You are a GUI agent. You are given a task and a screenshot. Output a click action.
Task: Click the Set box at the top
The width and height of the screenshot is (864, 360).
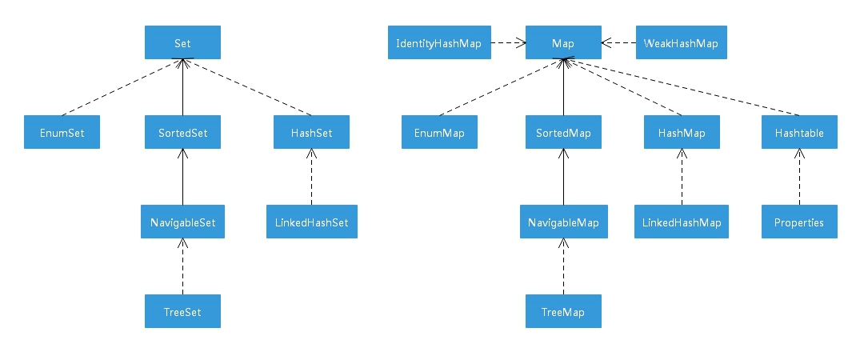182,42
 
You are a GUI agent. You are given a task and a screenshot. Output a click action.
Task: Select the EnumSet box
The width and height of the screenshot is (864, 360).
61,133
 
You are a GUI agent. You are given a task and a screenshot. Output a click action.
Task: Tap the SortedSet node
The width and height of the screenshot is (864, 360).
182,133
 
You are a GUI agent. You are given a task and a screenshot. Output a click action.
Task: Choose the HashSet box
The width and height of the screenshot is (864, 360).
310,133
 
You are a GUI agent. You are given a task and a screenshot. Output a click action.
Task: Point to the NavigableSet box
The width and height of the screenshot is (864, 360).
182,222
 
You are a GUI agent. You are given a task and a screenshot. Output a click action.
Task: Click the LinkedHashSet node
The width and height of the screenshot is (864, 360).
310,222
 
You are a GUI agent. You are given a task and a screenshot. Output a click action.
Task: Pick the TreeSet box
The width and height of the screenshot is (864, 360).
182,312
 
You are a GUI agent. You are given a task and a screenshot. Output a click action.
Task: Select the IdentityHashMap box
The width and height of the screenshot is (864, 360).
439,42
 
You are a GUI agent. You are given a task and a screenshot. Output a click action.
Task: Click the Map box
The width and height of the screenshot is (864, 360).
563,42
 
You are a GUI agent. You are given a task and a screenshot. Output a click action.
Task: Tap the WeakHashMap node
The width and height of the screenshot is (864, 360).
682,42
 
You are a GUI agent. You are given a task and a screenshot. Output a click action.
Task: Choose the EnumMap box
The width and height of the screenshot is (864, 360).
439,133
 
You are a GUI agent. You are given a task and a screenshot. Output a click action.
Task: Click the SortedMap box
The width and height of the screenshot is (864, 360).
563,133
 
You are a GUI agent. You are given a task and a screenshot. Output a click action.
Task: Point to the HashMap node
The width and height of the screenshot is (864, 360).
682,133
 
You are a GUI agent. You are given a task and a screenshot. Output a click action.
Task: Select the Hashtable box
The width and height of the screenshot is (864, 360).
799,133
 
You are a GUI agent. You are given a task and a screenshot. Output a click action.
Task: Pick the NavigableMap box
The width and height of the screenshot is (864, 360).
563,222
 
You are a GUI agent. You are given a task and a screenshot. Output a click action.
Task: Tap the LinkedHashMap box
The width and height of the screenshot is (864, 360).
682,222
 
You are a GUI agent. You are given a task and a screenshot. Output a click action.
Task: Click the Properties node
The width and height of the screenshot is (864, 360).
799,222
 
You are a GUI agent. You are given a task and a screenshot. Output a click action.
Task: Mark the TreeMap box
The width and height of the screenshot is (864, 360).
563,312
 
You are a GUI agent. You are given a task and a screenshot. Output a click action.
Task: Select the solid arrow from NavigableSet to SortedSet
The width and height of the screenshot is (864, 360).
182,178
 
